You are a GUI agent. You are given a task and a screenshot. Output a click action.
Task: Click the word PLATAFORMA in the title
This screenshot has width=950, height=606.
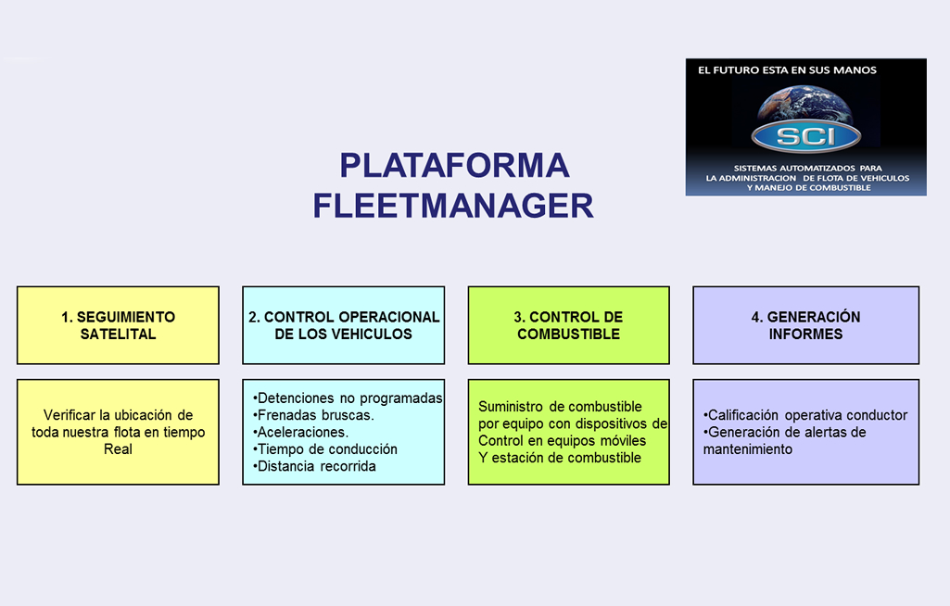454,165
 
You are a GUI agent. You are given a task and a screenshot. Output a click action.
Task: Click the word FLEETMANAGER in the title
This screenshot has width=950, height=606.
453,205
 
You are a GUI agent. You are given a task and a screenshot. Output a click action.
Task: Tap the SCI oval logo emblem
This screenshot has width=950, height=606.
805,137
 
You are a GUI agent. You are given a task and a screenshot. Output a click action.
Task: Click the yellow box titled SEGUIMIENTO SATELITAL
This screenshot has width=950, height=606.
118,325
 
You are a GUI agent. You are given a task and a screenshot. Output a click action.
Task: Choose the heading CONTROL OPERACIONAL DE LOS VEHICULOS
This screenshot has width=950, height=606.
344,325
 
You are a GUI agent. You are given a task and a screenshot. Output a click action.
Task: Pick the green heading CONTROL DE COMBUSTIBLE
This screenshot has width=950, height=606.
568,325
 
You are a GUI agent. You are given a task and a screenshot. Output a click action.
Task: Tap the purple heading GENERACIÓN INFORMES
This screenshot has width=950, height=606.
805,325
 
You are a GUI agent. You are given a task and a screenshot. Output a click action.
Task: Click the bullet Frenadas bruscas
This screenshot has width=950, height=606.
313,415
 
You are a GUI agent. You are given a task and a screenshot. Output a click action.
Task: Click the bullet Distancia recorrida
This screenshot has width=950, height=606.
314,466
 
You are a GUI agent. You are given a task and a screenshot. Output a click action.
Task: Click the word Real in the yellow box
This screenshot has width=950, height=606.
118,449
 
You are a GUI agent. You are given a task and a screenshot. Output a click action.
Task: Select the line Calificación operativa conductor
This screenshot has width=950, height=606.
805,415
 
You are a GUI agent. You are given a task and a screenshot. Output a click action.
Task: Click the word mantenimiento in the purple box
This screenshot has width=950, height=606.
748,449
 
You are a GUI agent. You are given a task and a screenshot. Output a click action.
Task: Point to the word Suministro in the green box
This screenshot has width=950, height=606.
509,407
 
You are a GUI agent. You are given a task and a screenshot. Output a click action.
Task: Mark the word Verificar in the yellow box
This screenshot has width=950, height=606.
70,415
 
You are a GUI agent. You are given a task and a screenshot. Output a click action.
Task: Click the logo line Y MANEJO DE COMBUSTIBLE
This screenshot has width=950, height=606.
805,188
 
